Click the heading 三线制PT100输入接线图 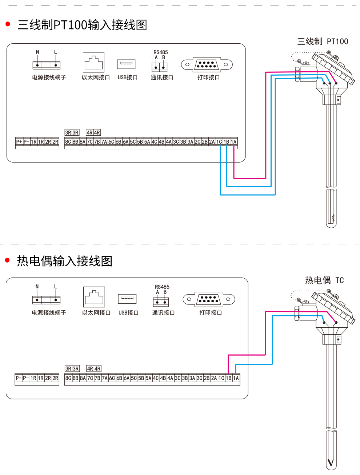pos(82,25)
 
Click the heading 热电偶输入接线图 pos(64,261)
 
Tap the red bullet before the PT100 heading pos(8,24)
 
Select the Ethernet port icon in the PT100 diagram pos(93,62)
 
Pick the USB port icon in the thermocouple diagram pos(127,299)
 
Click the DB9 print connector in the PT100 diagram pos(207,65)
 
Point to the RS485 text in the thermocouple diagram pos(162,287)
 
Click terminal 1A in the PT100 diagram pos(233,142)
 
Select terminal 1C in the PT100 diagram pos(219,142)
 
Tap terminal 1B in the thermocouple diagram pos(229,378)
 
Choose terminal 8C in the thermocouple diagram pos(68,378)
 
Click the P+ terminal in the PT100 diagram pos(19,142)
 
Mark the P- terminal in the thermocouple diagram pos(26,378)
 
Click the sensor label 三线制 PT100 pos(323,41)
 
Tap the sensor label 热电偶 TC pos(324,280)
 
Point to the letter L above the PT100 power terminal pos(56,52)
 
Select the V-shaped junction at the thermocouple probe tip pos(331,462)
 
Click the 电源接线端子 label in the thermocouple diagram pos(49,313)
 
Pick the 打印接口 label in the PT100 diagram pos(208,77)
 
